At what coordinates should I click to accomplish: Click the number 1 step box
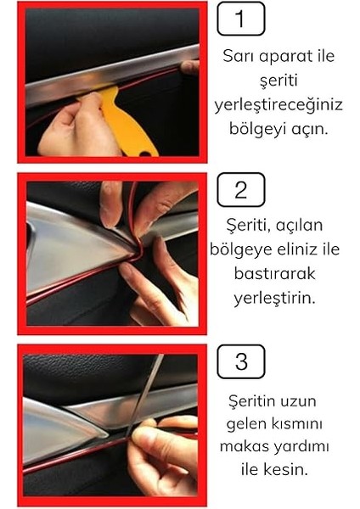pyautogui.click(x=241, y=19)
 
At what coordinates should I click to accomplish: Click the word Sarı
pyautogui.click(x=240, y=57)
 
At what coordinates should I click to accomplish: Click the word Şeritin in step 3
pyautogui.click(x=254, y=399)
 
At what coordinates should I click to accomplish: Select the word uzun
pyautogui.click(x=302, y=399)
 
